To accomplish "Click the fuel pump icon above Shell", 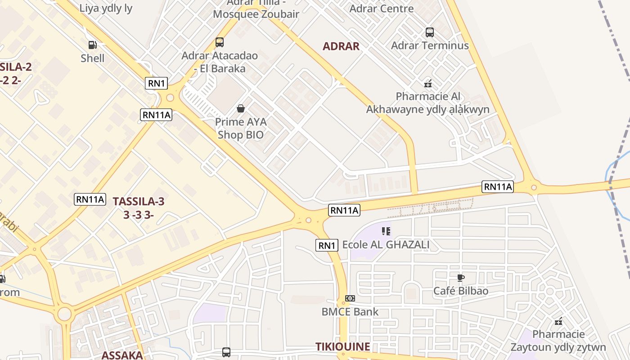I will (x=92, y=45).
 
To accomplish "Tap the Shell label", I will (x=93, y=58).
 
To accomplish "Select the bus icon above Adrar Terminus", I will (x=430, y=32).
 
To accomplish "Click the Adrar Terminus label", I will (x=430, y=45).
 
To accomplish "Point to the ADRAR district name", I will (x=341, y=46).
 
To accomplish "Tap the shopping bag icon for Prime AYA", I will (x=241, y=108).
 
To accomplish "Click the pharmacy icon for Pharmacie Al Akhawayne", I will (x=428, y=83).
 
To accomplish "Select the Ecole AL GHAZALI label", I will (x=386, y=245).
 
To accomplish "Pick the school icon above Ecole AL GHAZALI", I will (x=386, y=231).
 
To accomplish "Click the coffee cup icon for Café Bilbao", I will (x=460, y=278).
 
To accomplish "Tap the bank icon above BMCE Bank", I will (x=350, y=298).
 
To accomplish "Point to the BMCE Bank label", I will (x=350, y=311).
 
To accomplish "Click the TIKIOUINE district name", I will (x=342, y=346).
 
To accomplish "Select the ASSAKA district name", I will (x=122, y=355).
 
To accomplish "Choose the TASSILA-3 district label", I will (x=139, y=201).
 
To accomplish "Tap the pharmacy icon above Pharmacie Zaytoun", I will (x=558, y=321).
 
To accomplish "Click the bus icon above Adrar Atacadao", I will (x=220, y=42).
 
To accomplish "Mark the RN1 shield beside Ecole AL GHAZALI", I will (x=326, y=245).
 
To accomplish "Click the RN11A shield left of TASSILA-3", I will (x=90, y=199).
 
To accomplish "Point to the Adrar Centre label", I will (x=381, y=8).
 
